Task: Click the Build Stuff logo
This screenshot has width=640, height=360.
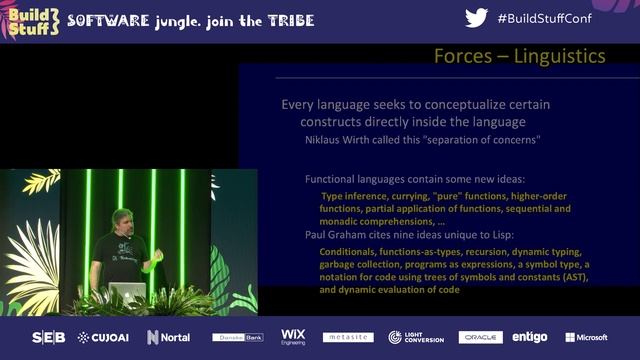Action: [x=33, y=21]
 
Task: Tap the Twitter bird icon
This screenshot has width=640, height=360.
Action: [x=477, y=19]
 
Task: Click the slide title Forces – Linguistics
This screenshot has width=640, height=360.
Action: [x=519, y=56]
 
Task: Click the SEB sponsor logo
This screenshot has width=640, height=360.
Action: [x=48, y=337]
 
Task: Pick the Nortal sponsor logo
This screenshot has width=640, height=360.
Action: [x=169, y=337]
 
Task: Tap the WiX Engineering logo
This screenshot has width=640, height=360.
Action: [x=293, y=337]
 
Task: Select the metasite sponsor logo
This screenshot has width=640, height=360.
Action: [x=348, y=337]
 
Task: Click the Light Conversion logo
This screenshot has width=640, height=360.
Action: [x=415, y=337]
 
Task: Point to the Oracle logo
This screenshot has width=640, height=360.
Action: [x=481, y=337]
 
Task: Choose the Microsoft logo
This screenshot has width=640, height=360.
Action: [x=586, y=337]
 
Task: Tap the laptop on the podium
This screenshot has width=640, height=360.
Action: [x=127, y=291]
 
